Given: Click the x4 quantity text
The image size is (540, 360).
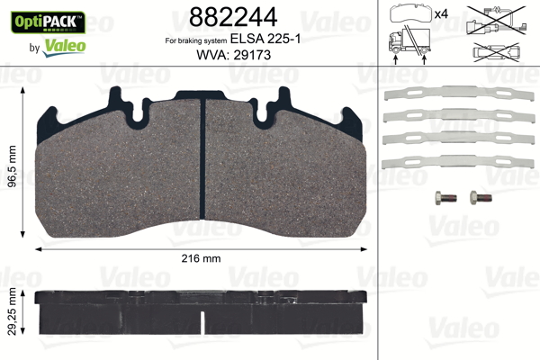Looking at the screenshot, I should tap(441, 15).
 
